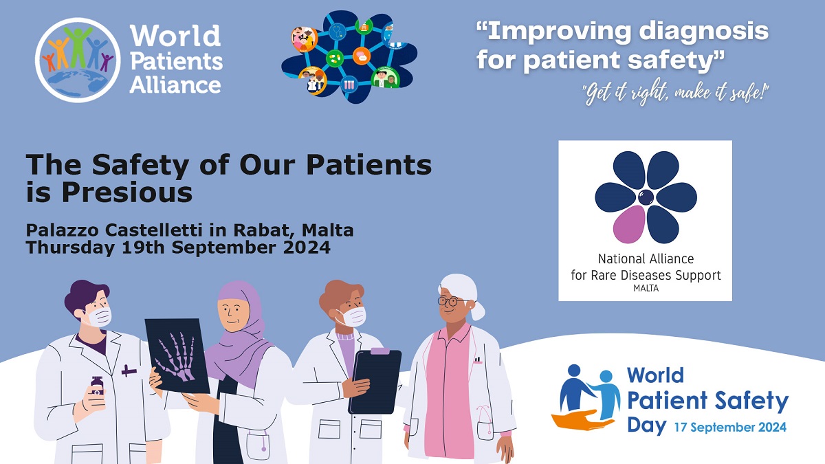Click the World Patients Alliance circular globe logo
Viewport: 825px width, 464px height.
[x=78, y=60]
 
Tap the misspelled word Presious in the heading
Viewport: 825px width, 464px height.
[x=127, y=192]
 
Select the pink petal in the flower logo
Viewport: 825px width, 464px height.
[x=629, y=225]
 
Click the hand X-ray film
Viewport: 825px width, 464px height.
[x=177, y=355]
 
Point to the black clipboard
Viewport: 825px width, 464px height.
[x=375, y=382]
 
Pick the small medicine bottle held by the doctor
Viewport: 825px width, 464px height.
[x=97, y=386]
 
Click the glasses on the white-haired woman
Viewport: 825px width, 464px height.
[x=448, y=302]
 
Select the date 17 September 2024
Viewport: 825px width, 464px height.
[x=730, y=427]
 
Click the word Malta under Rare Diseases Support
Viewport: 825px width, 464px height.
[x=646, y=288]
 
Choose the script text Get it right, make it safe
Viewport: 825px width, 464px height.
[x=675, y=93]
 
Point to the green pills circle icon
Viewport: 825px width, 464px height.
[x=335, y=58]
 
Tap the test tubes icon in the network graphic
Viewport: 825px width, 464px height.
[x=349, y=85]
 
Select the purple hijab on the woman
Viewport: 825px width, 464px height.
[x=239, y=331]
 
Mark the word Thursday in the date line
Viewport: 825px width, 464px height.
[x=70, y=247]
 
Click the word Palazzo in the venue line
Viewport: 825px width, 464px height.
[x=63, y=230]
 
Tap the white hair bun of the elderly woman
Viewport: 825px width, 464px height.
[x=478, y=311]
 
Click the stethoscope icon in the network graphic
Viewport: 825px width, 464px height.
[x=337, y=32]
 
